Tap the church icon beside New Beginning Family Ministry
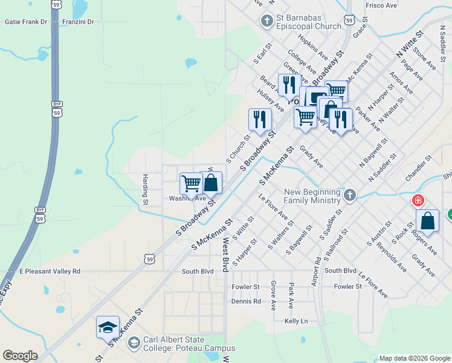[350, 195]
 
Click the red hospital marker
[417, 200]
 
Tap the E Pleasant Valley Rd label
[50, 272]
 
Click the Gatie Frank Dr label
[25, 22]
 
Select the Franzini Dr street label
[78, 22]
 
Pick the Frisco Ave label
[381, 5]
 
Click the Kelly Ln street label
[296, 321]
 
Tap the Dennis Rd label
[246, 301]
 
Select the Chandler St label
[420, 167]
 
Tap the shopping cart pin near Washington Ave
[191, 184]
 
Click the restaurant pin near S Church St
[260, 119]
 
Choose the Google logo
[20, 356]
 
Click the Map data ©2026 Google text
[414, 358]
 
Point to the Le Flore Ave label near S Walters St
[273, 207]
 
